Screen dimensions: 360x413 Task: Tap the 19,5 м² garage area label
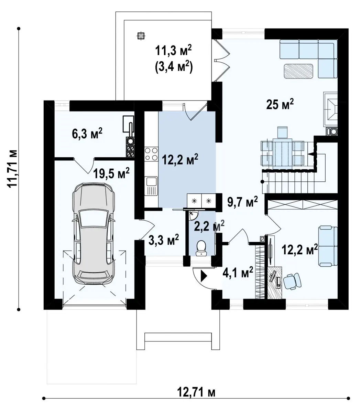(111, 174)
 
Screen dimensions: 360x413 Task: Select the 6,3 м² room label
(87, 134)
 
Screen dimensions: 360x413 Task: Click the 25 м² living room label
(280, 105)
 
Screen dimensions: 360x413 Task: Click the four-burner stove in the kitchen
(151, 154)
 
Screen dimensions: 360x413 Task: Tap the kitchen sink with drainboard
(151, 186)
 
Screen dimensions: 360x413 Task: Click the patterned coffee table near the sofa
(298, 71)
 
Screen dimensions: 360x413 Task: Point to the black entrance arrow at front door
(204, 276)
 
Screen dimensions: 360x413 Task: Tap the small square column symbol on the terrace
(141, 36)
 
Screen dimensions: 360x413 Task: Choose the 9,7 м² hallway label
(243, 202)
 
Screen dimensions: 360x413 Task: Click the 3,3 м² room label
(164, 240)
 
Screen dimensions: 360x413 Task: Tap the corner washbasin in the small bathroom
(192, 215)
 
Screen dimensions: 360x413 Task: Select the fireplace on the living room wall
(330, 109)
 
